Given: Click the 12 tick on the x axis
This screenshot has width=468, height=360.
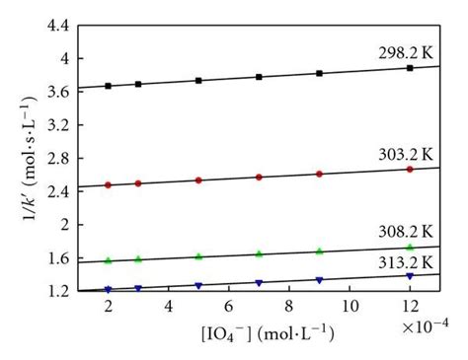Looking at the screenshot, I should (409, 306).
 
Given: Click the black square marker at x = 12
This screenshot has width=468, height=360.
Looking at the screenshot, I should (410, 68).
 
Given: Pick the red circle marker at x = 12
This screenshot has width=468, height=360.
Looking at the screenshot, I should (410, 170).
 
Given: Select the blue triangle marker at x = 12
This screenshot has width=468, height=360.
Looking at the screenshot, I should (410, 276).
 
